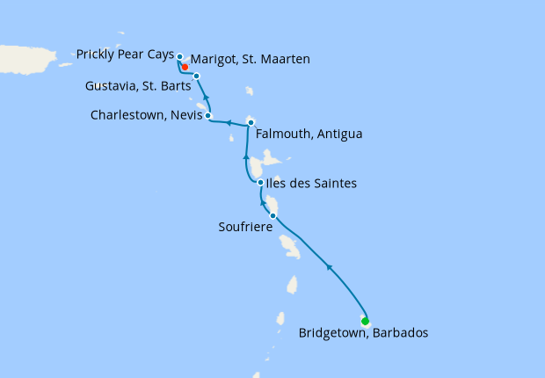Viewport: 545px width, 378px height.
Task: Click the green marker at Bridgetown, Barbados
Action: coord(365,321)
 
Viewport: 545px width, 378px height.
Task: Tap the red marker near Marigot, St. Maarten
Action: coord(185,66)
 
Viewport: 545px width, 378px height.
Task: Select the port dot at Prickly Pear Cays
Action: coord(179,57)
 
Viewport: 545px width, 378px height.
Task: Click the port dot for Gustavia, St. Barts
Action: coord(197,76)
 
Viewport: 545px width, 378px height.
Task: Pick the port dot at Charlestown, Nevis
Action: coord(208,115)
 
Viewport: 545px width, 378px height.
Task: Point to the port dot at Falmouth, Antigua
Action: coord(251,122)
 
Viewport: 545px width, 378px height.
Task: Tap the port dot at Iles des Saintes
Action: coord(261,182)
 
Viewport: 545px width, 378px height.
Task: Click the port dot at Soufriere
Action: coord(273,215)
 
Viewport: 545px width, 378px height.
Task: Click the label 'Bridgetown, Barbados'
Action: coord(363,333)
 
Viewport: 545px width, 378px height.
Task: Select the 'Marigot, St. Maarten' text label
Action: coord(250,61)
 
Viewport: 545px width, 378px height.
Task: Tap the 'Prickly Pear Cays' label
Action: coord(125,55)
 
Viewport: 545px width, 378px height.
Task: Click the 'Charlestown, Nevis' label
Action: coord(146,115)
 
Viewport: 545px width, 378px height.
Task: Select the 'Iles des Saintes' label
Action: coord(312,183)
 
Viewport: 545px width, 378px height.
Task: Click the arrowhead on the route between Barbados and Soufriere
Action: coord(328,265)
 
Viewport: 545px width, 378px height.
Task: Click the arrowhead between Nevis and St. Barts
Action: coord(206,98)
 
